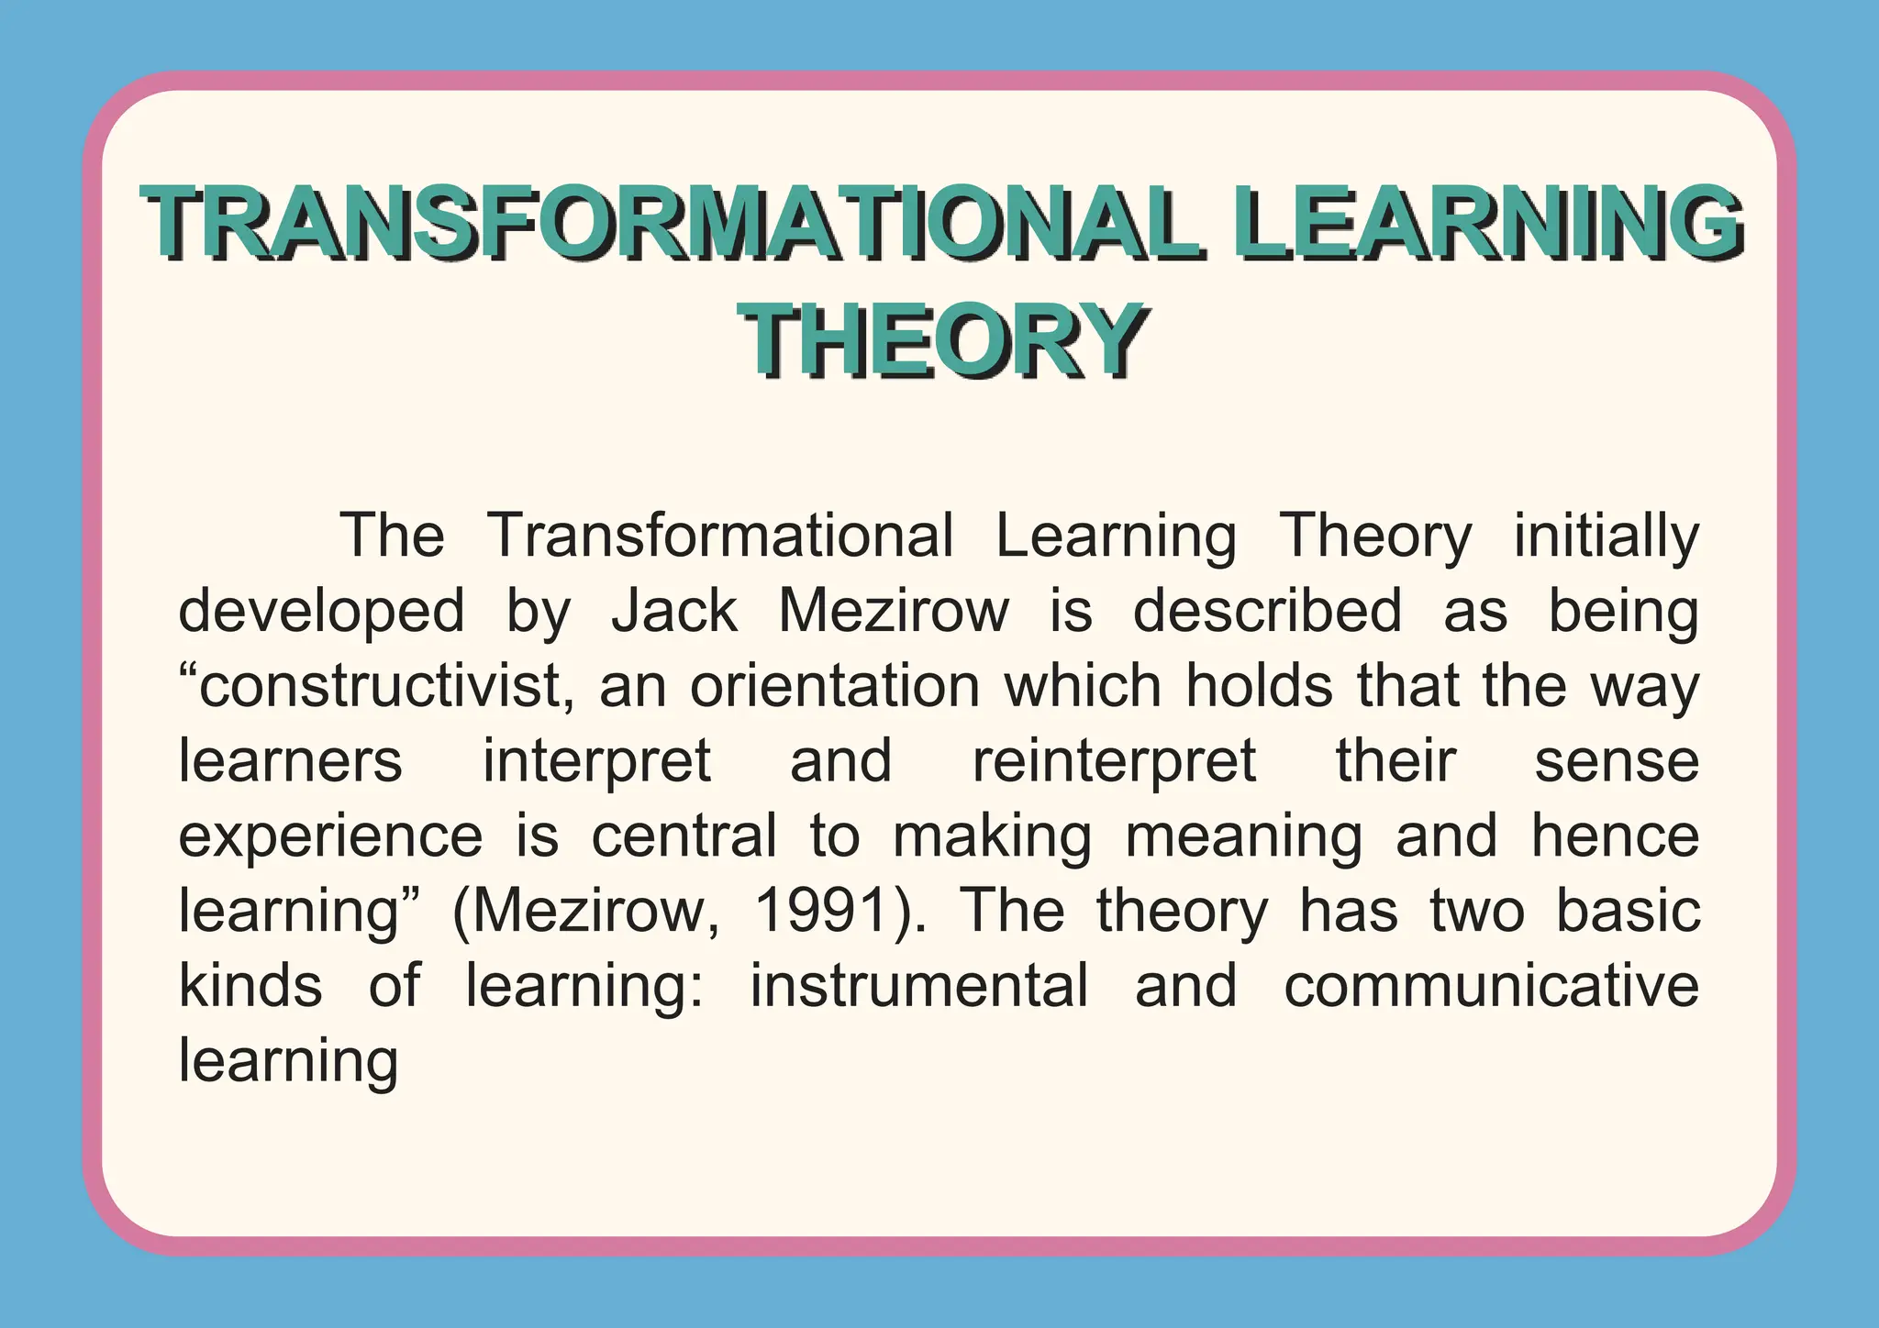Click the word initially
pyautogui.click(x=1606, y=536)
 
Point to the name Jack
pyautogui.click(x=674, y=611)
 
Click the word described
pyautogui.click(x=1267, y=611)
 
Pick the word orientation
pyautogui.click(x=835, y=686)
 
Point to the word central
pyautogui.click(x=684, y=836)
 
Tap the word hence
pyautogui.click(x=1615, y=836)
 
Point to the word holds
pyautogui.click(x=1258, y=686)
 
